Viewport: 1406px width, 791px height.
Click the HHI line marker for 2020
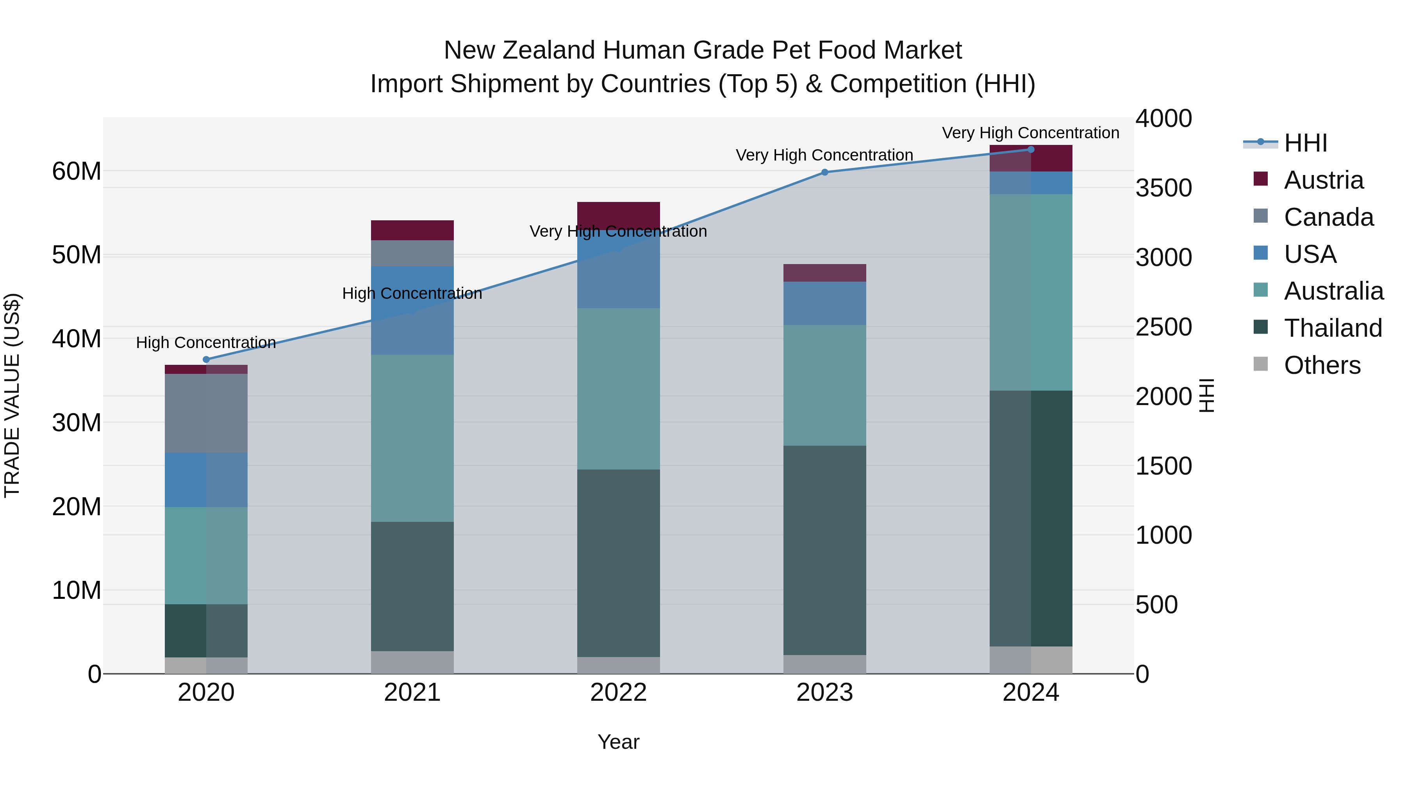pos(206,360)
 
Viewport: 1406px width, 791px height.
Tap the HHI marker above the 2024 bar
pos(1031,150)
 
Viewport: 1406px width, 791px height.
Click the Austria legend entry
pos(1323,180)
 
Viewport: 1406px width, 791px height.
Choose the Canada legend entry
pos(1328,217)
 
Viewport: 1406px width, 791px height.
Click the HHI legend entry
pos(1304,143)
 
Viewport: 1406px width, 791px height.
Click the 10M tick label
pos(77,590)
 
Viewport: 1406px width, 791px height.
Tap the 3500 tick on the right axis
pos(1164,188)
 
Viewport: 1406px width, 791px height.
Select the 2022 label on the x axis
pos(618,693)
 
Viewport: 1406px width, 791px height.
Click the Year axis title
pos(618,742)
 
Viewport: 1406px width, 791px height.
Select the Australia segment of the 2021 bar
pos(412,438)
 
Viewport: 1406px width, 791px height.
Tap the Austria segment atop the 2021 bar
pos(412,230)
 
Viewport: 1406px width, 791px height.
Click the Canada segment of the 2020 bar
pos(206,413)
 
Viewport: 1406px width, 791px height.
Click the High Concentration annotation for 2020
pos(206,342)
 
